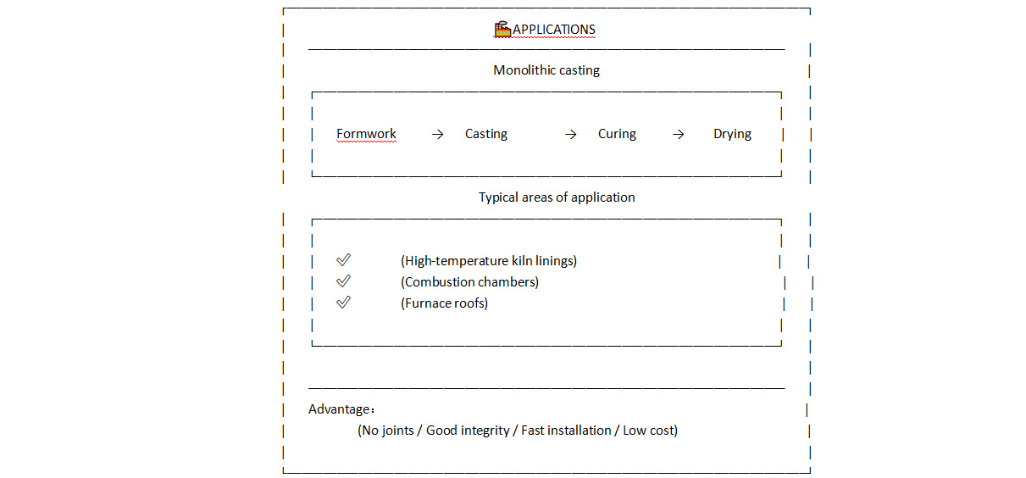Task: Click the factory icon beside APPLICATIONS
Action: point(502,30)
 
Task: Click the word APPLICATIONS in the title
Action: point(554,30)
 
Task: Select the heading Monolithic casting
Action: point(546,70)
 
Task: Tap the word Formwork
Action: point(366,134)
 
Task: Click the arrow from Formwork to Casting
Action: point(437,134)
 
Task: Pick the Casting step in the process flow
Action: point(486,134)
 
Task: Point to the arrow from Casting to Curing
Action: point(570,134)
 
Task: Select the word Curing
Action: point(617,134)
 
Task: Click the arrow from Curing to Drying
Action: point(678,134)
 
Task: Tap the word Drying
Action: point(732,134)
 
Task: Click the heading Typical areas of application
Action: point(557,197)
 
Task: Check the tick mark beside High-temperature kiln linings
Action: point(343,260)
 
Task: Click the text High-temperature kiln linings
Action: point(489,261)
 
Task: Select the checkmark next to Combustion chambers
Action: point(343,281)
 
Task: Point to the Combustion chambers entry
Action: point(469,282)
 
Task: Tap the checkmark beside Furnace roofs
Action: point(343,303)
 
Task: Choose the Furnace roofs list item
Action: point(444,303)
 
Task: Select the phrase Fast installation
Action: point(566,431)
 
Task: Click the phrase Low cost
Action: point(648,431)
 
